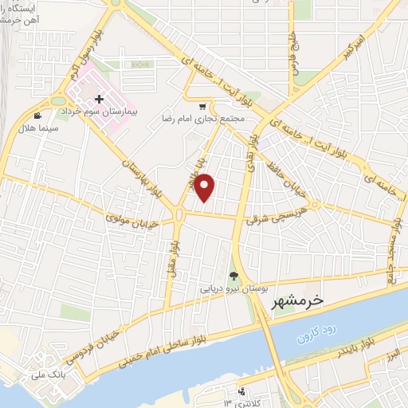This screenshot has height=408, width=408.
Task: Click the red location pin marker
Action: click(206, 187)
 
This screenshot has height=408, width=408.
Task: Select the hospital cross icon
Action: click(99, 100)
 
